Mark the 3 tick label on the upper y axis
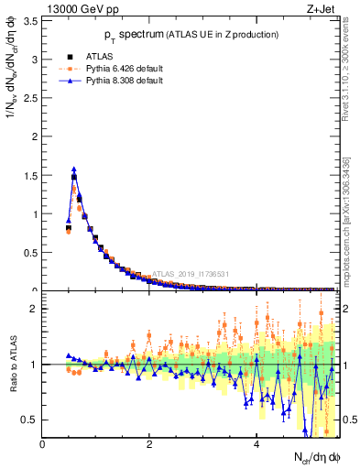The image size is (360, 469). (x=35, y=60)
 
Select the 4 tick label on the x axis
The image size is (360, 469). (x=256, y=444)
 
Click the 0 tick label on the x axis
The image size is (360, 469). (x=43, y=444)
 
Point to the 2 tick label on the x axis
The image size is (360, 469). (x=149, y=444)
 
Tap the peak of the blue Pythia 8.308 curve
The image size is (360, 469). (x=74, y=169)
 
